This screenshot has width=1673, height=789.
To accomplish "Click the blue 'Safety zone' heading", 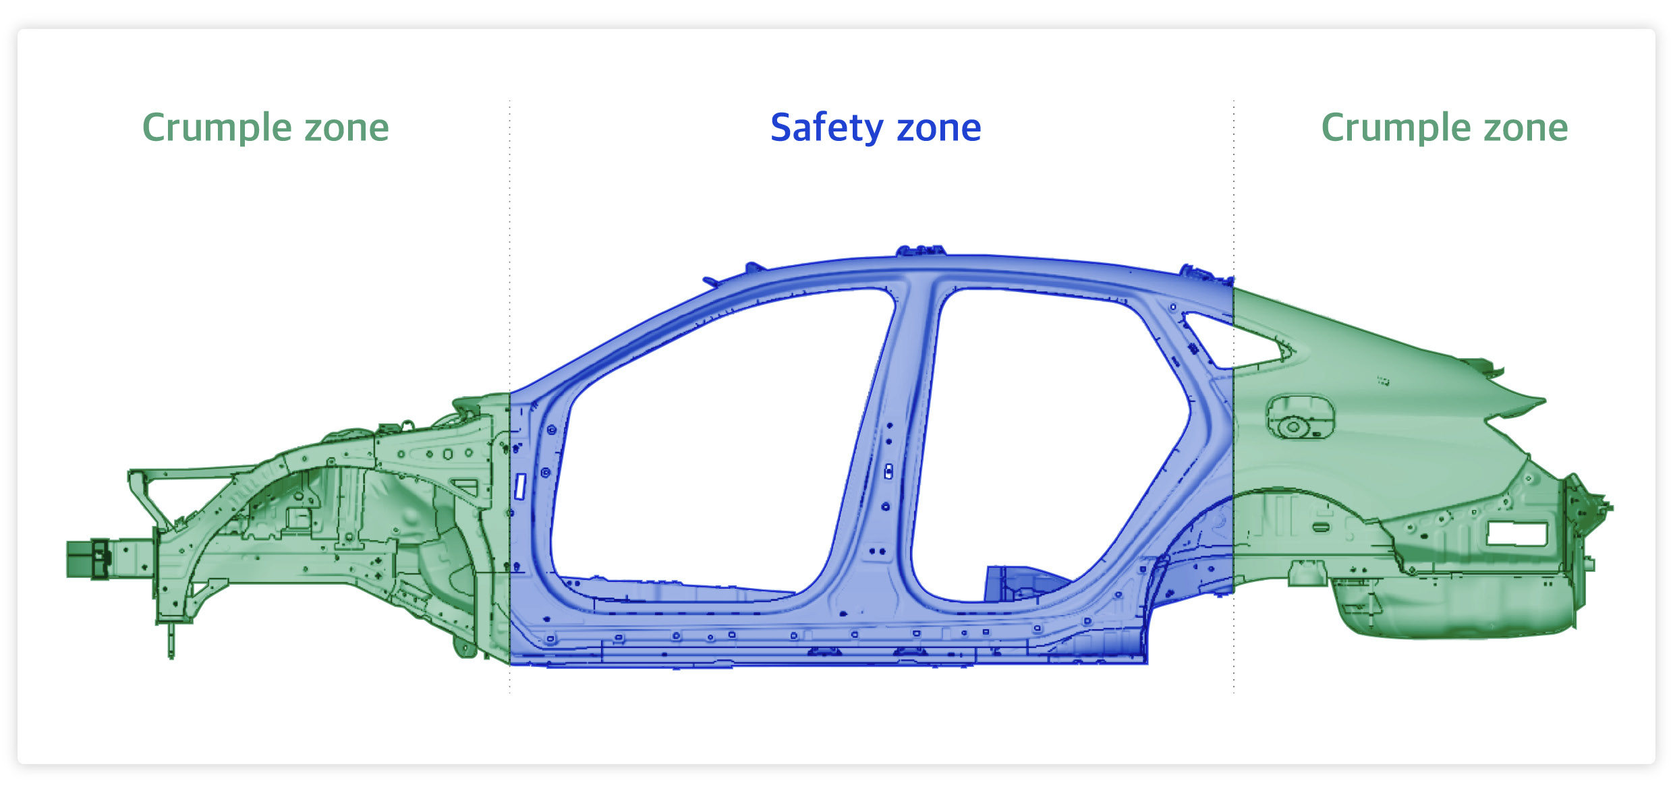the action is (876, 128).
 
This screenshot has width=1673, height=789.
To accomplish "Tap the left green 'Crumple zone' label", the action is (266, 128).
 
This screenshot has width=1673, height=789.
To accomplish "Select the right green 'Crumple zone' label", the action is (1444, 128).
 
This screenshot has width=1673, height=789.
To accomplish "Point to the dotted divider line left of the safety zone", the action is (510, 397).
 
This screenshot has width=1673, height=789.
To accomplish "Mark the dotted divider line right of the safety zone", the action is (1234, 397).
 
